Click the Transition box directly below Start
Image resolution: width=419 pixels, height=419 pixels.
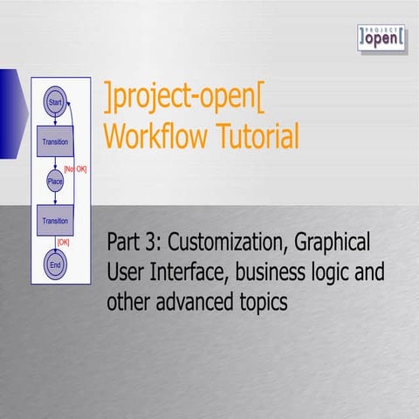coord(56,141)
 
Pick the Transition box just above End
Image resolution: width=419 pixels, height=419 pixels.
coord(56,220)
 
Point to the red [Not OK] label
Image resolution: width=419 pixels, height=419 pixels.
coord(75,168)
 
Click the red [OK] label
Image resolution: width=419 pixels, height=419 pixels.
coord(63,242)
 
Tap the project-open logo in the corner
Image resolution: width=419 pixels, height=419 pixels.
coord(381,38)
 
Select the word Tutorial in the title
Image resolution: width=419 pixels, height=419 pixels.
coord(258,135)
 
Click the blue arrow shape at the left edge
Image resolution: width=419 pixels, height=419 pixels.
coord(10,113)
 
